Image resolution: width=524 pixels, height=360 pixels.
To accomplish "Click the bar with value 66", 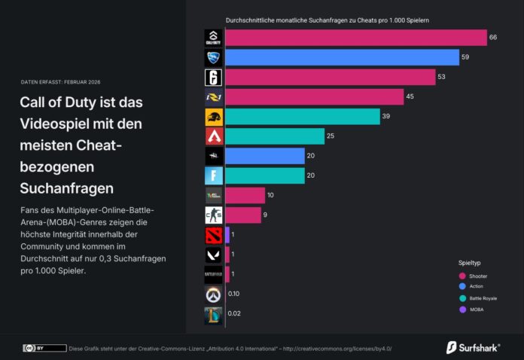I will (x=355, y=38).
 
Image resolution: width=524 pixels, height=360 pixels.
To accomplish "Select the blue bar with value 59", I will (x=342, y=57).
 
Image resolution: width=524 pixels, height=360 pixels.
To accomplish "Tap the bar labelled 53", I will (x=330, y=77).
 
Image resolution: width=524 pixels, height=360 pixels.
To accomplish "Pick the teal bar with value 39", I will (x=302, y=117).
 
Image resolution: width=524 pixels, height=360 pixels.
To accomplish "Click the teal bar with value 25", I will (x=274, y=136).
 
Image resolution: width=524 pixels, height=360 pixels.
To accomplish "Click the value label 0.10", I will (x=233, y=294).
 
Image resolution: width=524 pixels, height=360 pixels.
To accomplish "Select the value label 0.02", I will (x=233, y=313).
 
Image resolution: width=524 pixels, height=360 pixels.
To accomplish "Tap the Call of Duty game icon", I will (x=213, y=38).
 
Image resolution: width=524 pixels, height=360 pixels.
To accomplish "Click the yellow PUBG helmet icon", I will (x=213, y=117).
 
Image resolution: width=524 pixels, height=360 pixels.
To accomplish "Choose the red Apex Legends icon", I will (x=213, y=136).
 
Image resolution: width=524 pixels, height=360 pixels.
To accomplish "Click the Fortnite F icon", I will (x=213, y=175).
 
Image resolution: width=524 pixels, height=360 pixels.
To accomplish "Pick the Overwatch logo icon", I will (x=213, y=294).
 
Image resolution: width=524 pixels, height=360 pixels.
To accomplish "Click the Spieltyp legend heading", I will (x=470, y=264).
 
